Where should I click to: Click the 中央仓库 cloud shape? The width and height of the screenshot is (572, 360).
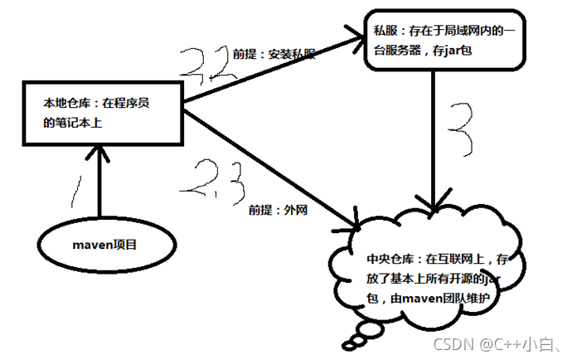(431, 266)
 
